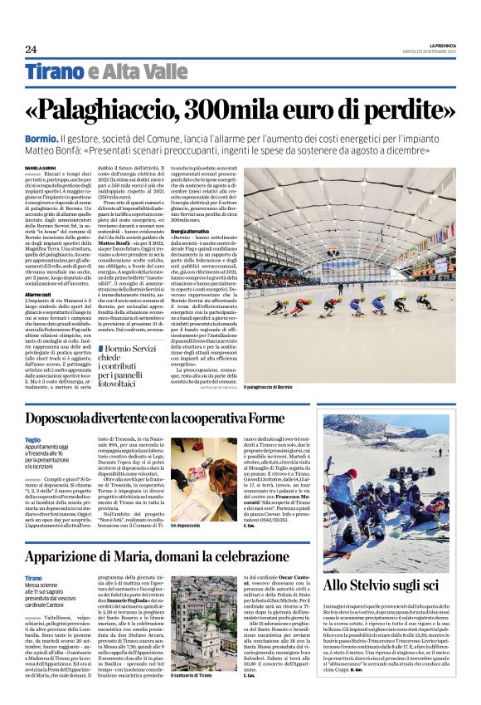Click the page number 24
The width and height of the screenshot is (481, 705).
pyautogui.click(x=32, y=49)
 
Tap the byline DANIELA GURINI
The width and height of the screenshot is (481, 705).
pyautogui.click(x=42, y=169)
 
